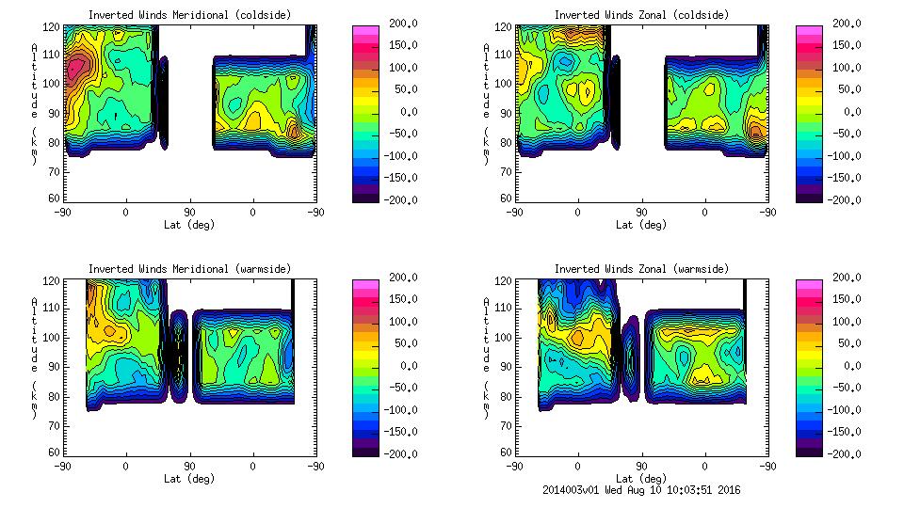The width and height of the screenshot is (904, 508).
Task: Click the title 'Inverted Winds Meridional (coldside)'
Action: tap(189, 15)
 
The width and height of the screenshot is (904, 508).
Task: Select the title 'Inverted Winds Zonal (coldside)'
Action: tap(641, 15)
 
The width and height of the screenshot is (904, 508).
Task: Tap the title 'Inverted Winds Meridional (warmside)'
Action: tap(189, 269)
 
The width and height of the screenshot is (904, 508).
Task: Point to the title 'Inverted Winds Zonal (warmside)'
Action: tap(641, 269)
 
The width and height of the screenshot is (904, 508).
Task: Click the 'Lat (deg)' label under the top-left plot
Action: tap(188, 225)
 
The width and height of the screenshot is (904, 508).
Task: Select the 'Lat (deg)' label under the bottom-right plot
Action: tap(640, 478)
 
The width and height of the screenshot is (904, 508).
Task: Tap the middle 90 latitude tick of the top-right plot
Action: tap(641, 213)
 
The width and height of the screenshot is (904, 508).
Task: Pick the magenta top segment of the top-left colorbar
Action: tap(364, 31)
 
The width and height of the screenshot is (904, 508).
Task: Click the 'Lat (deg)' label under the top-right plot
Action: tap(640, 225)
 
